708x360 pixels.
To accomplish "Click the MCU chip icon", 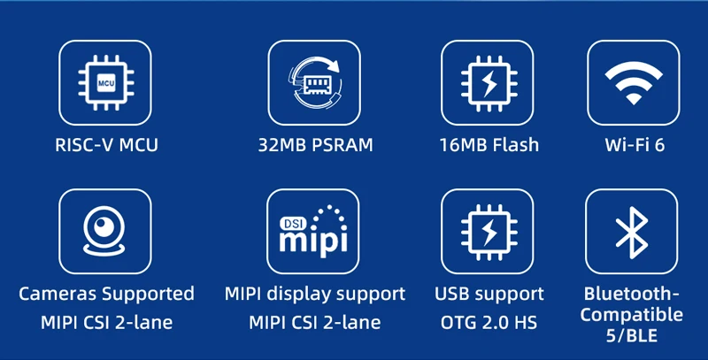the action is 105,82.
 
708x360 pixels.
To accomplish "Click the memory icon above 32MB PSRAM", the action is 314,82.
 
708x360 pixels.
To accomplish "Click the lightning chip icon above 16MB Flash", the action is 489,82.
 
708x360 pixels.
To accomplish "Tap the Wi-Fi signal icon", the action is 634,82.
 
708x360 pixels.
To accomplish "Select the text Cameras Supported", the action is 106,294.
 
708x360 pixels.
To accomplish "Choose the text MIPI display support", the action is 315,294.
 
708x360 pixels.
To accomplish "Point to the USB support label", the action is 489,294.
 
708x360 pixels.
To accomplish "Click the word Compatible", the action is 634,314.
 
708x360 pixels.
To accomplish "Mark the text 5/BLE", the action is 634,335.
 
